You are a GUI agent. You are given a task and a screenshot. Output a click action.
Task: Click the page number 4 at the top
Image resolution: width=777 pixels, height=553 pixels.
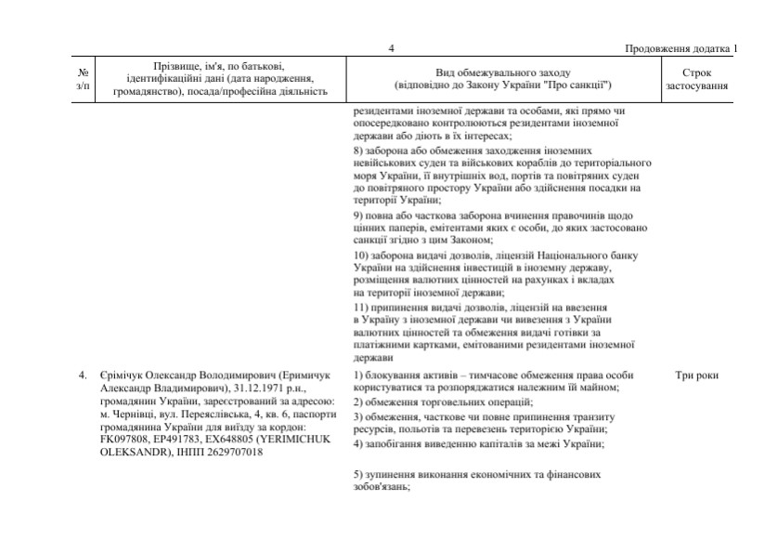391,48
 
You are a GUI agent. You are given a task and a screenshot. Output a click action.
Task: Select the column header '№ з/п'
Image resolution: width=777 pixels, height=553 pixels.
84,79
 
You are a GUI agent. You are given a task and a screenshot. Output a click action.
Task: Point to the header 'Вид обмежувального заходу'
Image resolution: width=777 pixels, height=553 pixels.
503,72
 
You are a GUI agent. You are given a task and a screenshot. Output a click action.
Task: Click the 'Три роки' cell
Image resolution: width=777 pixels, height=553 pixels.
698,375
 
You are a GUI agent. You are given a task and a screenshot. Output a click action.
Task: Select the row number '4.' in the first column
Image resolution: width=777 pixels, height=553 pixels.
83,375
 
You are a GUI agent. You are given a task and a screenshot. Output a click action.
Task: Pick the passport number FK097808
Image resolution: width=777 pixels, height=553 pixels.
123,440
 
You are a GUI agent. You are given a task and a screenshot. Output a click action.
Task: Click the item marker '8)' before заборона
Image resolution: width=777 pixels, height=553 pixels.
359,150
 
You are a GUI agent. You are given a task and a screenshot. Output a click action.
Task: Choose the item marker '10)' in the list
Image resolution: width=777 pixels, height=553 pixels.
362,255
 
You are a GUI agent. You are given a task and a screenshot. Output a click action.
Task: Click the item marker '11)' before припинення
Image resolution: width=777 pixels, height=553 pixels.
362,307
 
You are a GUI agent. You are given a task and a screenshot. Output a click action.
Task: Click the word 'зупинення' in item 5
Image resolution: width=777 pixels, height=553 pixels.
392,473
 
